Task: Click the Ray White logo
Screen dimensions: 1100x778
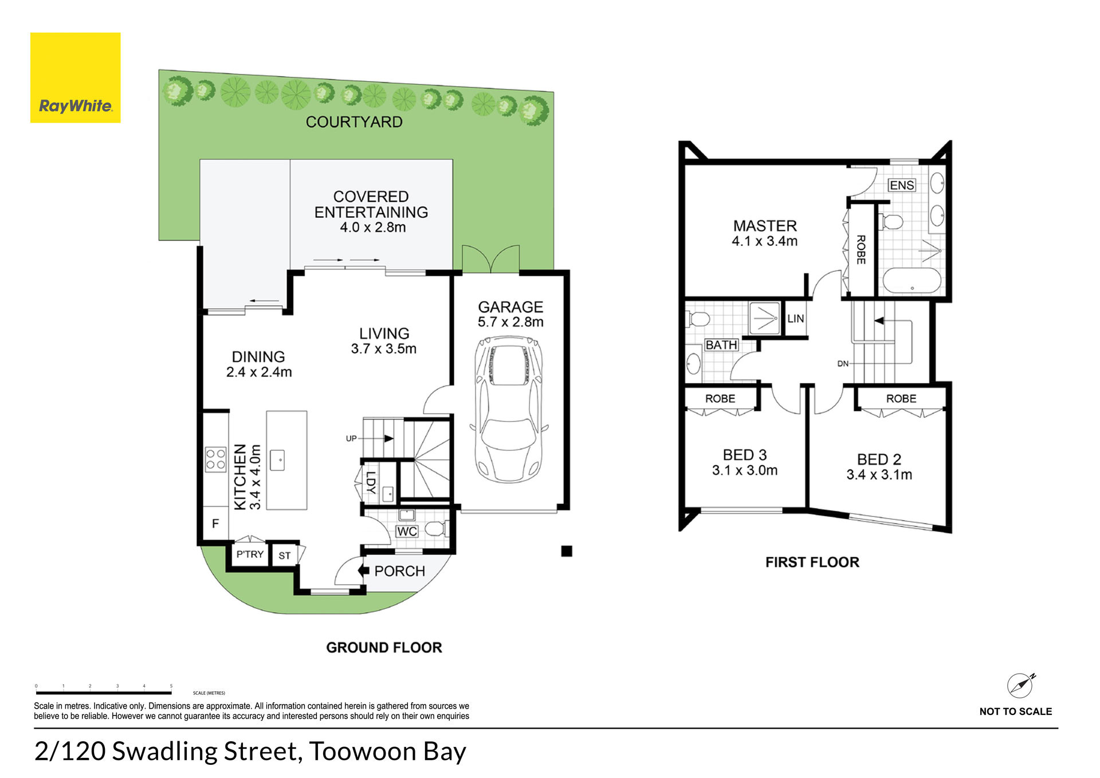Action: pos(75,77)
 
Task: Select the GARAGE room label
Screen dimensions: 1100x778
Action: pos(510,307)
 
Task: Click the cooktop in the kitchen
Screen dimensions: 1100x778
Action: pos(215,459)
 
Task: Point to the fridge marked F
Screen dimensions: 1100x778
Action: pos(215,523)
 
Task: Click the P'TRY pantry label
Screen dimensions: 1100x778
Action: pos(250,554)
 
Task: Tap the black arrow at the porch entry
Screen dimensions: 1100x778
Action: pos(363,571)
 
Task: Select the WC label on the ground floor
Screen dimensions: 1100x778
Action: pos(407,531)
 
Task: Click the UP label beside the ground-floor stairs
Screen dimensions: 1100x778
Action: pos(351,439)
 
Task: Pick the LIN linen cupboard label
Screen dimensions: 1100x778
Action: pos(795,318)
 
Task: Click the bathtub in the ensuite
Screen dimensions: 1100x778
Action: pos(912,281)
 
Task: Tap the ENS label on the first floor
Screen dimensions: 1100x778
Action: pos(902,185)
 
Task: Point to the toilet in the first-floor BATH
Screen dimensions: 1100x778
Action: pos(697,318)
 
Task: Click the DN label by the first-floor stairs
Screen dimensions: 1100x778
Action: pos(843,363)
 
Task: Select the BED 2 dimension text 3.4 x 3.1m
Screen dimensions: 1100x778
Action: pos(879,475)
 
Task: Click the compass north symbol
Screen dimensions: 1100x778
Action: pos(1021,685)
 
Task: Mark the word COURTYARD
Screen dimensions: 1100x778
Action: pos(354,122)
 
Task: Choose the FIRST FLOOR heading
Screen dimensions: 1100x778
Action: pos(812,562)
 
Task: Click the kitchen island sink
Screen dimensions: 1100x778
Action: pos(277,460)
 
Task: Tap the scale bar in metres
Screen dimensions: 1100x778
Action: pos(104,693)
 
